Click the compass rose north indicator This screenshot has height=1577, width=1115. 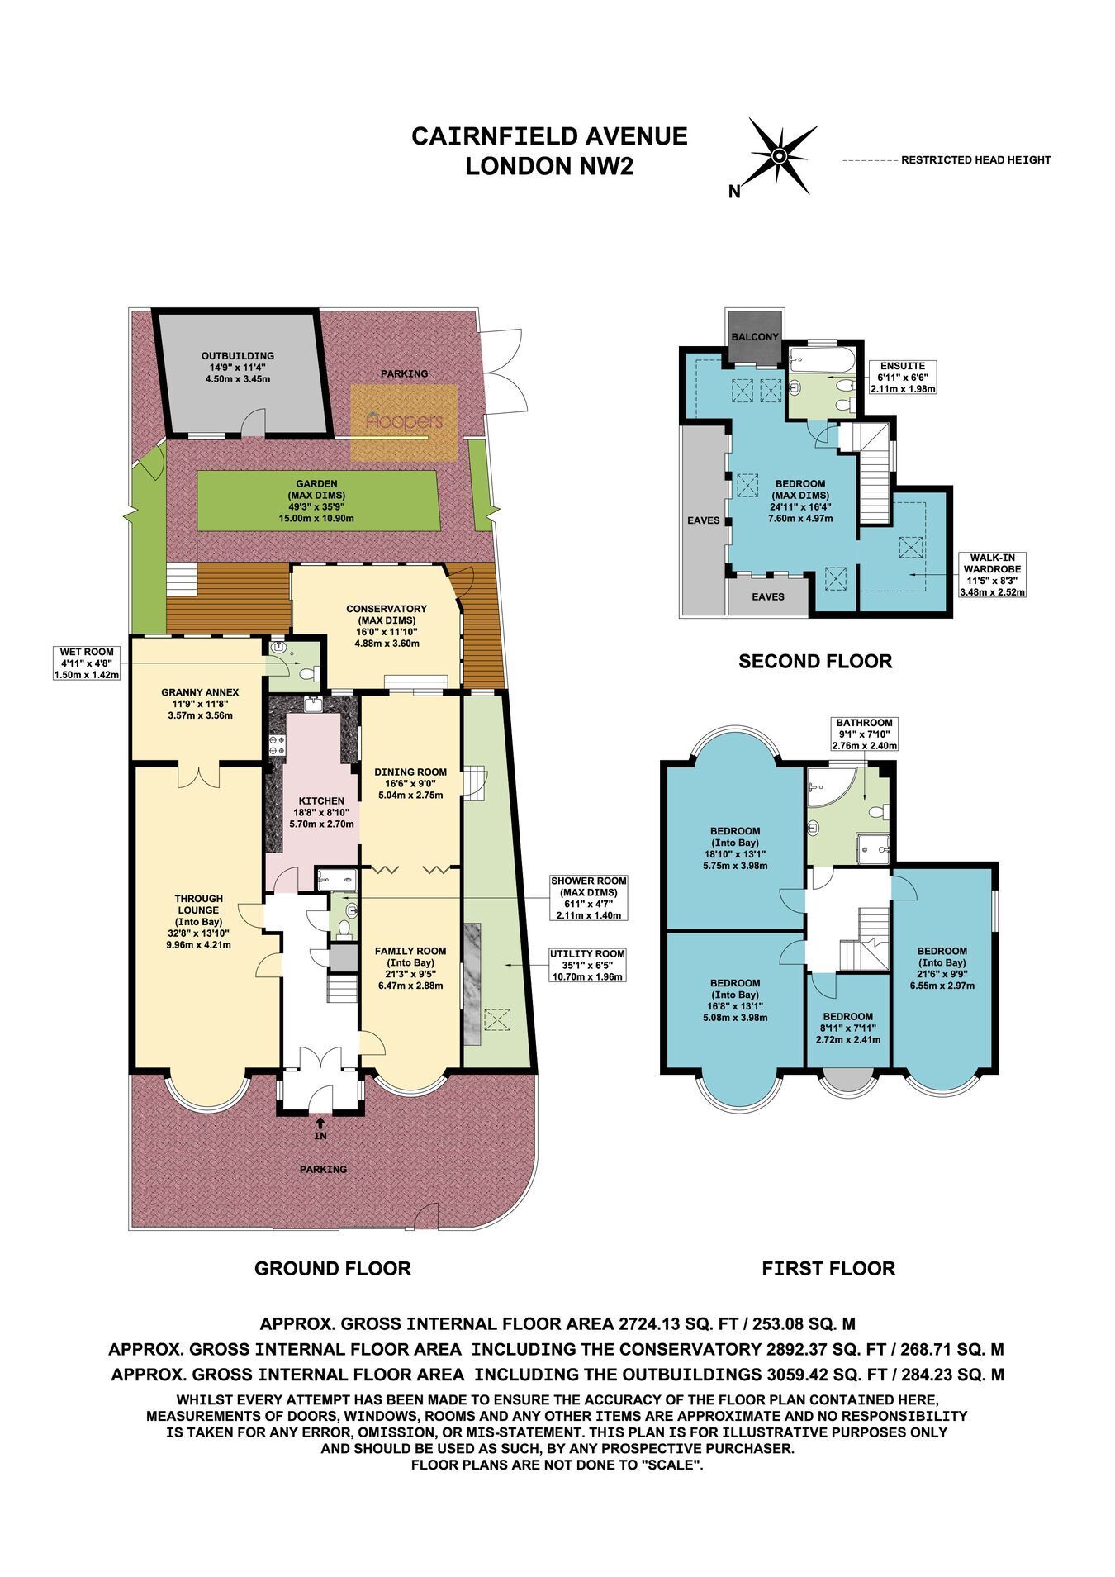777,157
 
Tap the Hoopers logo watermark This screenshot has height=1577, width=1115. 405,422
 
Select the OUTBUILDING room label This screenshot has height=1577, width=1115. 238,367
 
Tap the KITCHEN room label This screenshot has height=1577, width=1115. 321,812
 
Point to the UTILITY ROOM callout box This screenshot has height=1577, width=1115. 586,965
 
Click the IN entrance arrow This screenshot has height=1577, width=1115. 320,1130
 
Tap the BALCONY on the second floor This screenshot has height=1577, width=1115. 755,337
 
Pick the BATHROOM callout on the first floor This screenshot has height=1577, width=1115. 862,734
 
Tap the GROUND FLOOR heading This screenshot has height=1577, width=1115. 332,1268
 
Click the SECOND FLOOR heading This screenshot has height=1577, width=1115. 815,661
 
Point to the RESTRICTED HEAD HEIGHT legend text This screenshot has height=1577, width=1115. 975,160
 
